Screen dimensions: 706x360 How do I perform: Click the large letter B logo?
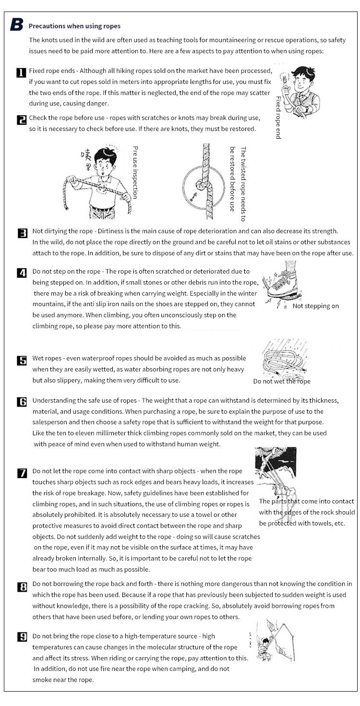16,25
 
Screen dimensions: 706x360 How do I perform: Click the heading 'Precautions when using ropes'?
74,26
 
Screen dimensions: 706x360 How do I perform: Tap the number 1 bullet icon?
21,73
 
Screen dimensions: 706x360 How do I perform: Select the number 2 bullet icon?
21,120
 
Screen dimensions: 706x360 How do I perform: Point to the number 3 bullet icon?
22,233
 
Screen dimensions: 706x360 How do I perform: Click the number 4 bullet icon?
22,273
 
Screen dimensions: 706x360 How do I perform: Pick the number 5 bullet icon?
22,360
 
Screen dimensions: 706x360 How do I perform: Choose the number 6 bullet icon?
22,402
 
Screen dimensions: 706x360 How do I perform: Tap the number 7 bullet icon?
22,473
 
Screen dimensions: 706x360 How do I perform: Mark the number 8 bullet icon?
22,586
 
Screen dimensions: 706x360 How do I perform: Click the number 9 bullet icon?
22,637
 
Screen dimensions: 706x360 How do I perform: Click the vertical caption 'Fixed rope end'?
278,118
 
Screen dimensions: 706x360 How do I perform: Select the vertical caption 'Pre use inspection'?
135,172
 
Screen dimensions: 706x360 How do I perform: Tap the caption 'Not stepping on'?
315,306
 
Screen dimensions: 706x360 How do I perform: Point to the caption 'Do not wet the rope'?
282,381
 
